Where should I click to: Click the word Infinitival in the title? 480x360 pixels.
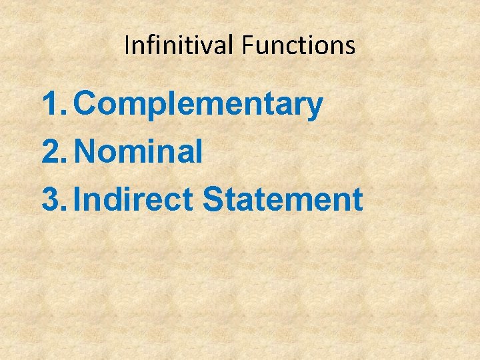point(180,45)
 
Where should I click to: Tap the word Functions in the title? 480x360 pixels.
point(299,45)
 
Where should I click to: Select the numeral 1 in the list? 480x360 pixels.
point(50,105)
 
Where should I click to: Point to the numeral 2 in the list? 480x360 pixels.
point(51,152)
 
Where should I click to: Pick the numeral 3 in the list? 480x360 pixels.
point(51,199)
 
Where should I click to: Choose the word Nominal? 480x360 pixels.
point(139,152)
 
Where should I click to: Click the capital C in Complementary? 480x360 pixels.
point(87,105)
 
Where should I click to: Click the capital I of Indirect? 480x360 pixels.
point(78,199)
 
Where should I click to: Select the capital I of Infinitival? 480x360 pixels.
point(127,45)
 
